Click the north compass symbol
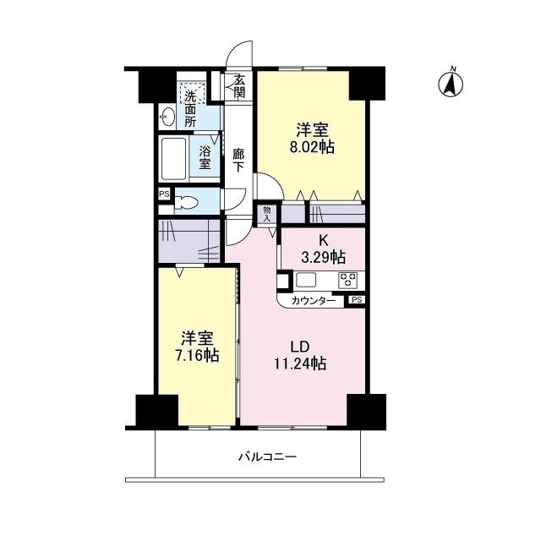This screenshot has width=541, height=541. pos(451,83)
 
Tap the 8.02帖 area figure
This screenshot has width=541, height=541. pos(312,147)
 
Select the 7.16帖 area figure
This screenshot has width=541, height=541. pos(197,356)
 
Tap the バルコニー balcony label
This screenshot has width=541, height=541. pos(266,456)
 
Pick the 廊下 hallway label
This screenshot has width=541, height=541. pos(239,161)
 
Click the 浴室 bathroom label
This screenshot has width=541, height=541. pos(205,157)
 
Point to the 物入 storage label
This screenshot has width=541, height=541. pos(268,213)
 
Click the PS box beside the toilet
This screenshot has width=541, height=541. pos(163,194)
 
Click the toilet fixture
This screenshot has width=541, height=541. pos(188,203)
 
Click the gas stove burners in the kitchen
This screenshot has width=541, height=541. pos(348,280)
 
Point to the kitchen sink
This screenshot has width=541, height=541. pos(306,280)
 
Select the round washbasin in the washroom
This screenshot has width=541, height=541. pos(167,116)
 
